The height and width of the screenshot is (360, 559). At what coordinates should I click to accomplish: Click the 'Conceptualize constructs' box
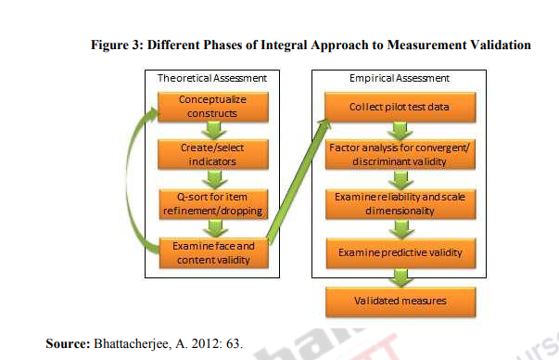[207, 107]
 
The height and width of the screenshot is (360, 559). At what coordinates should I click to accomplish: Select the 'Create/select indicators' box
[207, 154]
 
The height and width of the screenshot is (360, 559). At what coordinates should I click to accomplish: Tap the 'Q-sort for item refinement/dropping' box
[207, 203]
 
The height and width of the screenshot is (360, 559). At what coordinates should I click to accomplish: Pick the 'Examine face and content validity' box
[207, 252]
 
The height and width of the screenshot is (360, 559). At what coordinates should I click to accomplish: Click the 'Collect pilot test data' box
[400, 107]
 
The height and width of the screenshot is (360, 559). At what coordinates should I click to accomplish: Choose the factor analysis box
[400, 154]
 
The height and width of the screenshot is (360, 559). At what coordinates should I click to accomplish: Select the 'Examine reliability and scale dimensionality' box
[400, 203]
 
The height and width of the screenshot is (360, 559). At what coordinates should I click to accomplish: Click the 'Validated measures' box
[400, 302]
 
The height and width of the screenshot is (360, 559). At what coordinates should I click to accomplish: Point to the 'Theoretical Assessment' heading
[206, 79]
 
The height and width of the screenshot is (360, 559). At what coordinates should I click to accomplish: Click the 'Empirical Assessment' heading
[400, 79]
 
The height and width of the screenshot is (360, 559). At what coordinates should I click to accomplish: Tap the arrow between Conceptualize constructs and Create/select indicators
[207, 131]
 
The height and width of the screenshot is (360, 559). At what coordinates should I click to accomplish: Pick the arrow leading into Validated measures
[400, 276]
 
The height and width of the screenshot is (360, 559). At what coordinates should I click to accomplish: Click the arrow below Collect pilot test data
[400, 131]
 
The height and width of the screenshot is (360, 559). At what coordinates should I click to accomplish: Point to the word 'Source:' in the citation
[66, 343]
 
